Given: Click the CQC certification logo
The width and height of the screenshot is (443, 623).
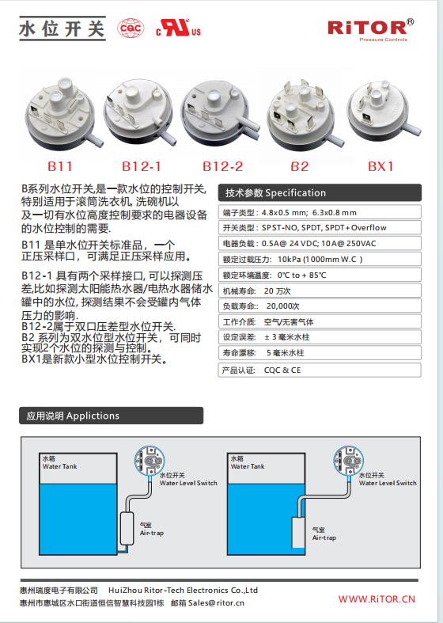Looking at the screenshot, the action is coord(131,28).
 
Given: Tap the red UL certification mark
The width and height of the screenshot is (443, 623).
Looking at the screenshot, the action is coord(178,28).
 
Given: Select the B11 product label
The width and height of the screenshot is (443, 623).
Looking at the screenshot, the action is coord(60,166).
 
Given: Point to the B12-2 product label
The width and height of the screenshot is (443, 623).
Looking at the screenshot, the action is coord(223,166).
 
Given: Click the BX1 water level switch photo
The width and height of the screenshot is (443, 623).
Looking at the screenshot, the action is coord(384,112).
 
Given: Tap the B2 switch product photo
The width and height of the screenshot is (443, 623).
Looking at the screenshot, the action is coord(305,115).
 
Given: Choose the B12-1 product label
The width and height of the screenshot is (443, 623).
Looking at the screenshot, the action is coord(142,166).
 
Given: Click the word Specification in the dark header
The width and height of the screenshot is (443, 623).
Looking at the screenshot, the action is coord(295,193).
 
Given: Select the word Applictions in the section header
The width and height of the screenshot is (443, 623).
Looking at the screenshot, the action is coord(93,416).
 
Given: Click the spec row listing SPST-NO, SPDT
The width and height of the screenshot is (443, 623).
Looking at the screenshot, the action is coord(320,228).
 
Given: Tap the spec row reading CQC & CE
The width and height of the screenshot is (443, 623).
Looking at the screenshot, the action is coord(320,370).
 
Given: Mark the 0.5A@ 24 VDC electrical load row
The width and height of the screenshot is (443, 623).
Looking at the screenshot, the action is coord(320,243).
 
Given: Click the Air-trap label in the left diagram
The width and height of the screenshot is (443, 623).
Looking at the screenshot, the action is coord(152,533).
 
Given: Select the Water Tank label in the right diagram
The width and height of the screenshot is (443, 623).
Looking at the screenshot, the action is coord(248,466).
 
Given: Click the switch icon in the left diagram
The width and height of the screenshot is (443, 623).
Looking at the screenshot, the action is coord(150,461).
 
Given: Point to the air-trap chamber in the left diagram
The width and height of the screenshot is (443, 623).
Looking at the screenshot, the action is coord(127,529).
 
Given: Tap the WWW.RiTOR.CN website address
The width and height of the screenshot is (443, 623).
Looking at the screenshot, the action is coord(377,599).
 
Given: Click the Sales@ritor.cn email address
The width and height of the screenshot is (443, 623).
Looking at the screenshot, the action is coord(216,602).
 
